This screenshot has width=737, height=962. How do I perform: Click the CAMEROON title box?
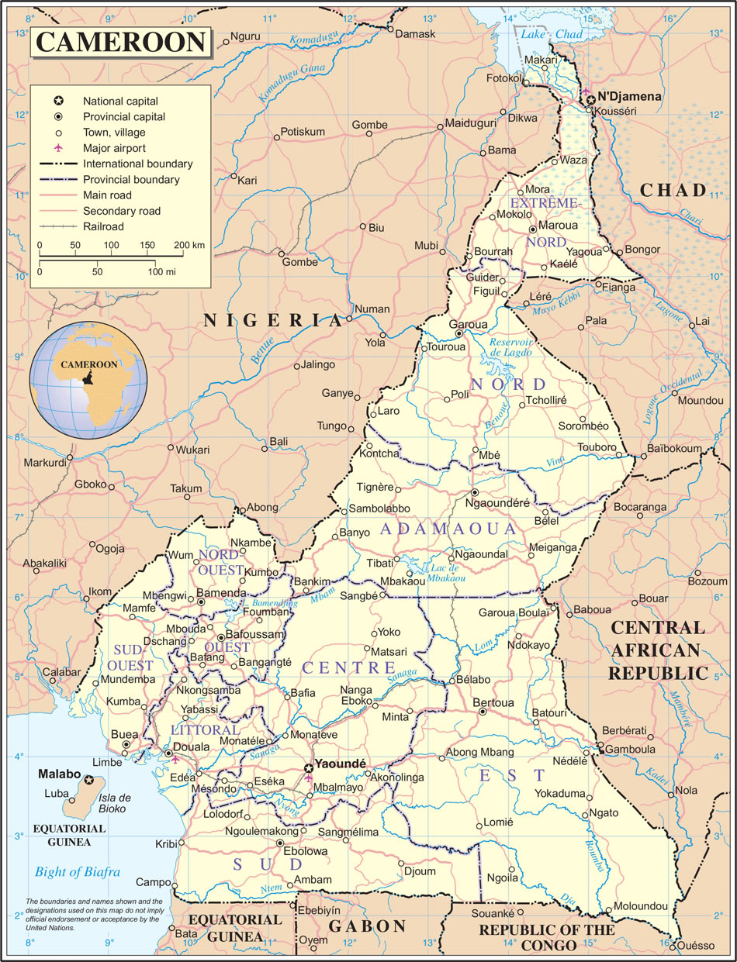121,42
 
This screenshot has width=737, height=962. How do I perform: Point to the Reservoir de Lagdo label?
510,347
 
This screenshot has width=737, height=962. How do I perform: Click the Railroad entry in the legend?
103,226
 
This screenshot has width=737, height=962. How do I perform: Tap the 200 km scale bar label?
189,245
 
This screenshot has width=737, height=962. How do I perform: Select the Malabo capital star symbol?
90,780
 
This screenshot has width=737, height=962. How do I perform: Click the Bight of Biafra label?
77,872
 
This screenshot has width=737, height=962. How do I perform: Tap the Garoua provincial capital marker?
458,333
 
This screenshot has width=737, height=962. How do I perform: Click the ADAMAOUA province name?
447,529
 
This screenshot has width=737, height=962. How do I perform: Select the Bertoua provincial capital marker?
483,712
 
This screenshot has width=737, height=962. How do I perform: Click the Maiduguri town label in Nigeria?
469,124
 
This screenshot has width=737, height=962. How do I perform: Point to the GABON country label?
367,926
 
